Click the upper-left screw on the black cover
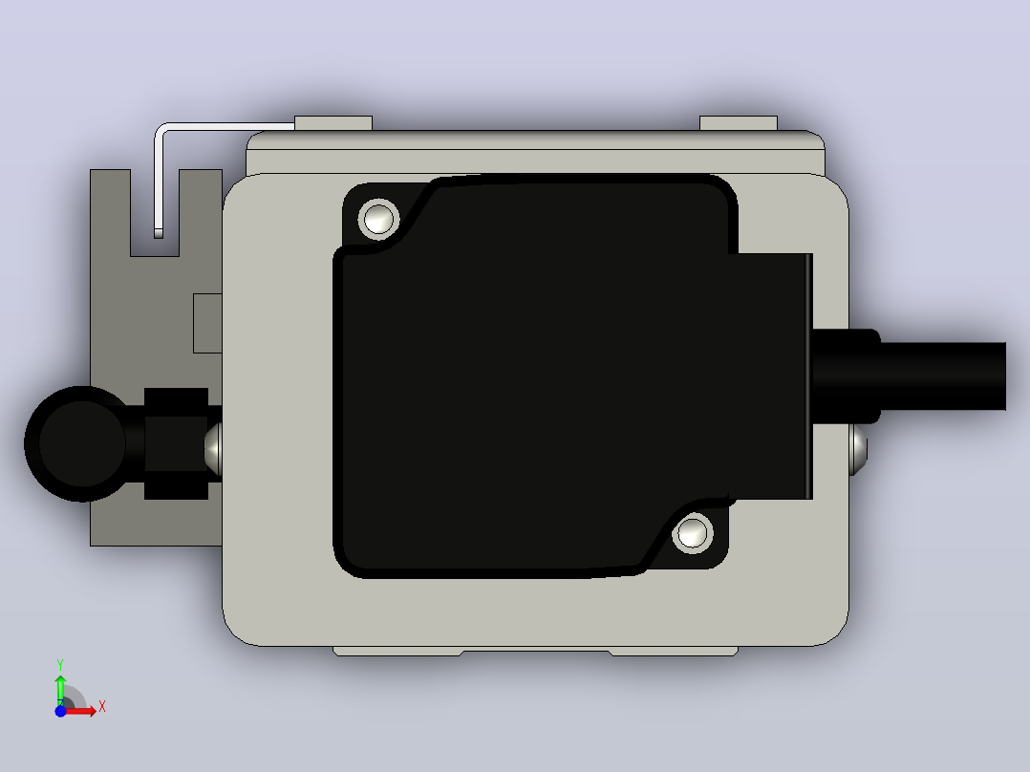pos(379,219)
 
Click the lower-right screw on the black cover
pos(693,533)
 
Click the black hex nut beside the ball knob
pos(176,443)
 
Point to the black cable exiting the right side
pos(943,375)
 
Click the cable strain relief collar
pos(847,375)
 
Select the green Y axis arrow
pos(60,689)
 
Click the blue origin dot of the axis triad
pos(60,711)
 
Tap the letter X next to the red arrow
pos(102,707)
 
